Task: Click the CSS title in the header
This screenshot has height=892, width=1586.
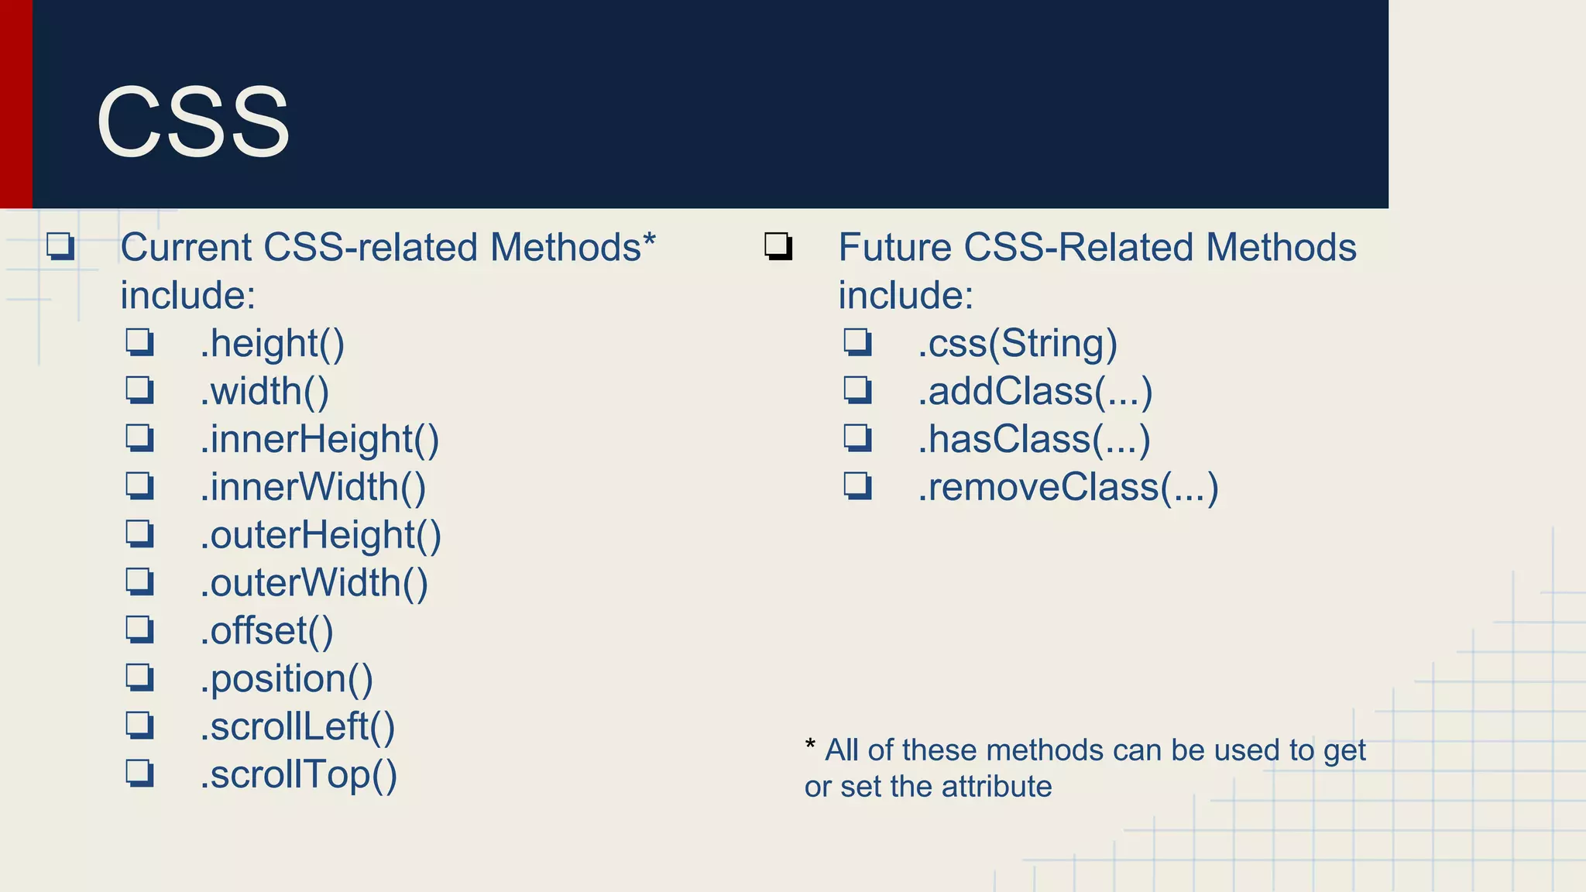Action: click(x=193, y=122)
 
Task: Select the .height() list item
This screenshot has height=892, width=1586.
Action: click(x=272, y=344)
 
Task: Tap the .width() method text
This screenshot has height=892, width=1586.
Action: click(x=264, y=392)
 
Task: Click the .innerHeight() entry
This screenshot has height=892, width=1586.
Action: click(x=319, y=440)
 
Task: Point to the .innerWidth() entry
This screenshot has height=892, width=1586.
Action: click(x=313, y=488)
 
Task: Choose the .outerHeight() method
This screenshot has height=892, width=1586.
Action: click(x=321, y=536)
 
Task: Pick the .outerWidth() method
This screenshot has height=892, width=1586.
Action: click(x=314, y=583)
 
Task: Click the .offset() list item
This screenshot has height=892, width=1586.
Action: click(x=266, y=631)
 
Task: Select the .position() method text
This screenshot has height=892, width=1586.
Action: click(x=287, y=679)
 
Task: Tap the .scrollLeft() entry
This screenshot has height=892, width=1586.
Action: click(x=297, y=727)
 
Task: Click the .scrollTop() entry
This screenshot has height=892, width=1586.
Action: click(x=298, y=775)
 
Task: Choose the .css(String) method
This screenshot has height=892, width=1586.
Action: click(x=1018, y=344)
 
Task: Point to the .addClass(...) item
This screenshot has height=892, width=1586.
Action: click(x=1035, y=392)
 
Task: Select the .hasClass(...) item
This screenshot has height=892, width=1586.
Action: click(x=1034, y=440)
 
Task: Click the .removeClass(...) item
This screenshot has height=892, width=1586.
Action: click(x=1068, y=488)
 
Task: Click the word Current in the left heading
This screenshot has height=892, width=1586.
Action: click(x=186, y=248)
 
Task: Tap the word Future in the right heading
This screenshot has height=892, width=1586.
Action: click(x=894, y=248)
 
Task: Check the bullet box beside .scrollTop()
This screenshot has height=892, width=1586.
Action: click(x=139, y=773)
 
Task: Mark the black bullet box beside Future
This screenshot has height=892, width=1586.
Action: click(x=778, y=246)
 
